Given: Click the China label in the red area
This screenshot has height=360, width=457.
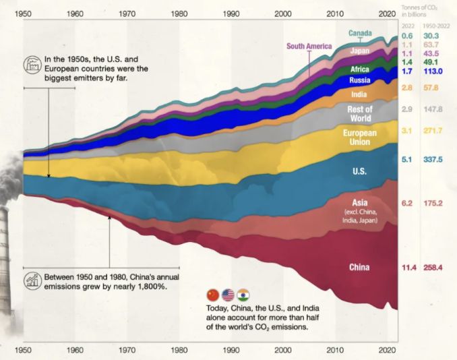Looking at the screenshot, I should tap(359, 268).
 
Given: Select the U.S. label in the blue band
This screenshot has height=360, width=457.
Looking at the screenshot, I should tap(359, 171).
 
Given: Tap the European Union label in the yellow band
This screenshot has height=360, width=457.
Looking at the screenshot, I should tap(359, 138).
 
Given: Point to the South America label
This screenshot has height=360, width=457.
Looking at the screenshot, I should tap(309, 47).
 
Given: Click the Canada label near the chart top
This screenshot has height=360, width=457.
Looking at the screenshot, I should tap(360, 32).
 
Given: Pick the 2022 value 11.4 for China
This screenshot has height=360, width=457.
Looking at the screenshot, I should tap(407, 268).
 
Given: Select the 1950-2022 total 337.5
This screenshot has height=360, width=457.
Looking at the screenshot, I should tap(432, 160).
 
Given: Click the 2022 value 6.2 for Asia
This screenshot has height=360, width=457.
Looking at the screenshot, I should tap(407, 203).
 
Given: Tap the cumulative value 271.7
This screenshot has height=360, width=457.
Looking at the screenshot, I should tap(432, 129).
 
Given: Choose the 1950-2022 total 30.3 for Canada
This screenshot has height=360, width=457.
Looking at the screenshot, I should tap(432, 36).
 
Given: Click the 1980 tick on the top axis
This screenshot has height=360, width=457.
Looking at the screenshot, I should tap(179, 13).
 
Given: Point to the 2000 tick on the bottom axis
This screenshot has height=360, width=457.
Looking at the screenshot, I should tap(283, 351).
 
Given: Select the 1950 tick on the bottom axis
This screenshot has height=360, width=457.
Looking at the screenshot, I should tap(24, 351).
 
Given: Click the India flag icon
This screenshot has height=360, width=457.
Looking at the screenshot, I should tap(243, 295).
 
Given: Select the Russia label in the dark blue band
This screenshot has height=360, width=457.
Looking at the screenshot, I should tap(359, 81).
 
